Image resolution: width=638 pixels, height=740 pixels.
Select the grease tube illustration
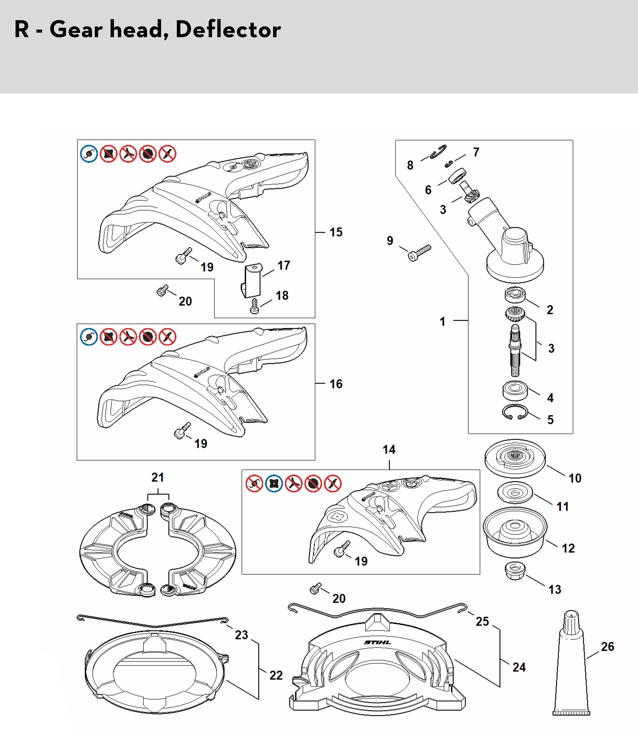pyautogui.click(x=571, y=668)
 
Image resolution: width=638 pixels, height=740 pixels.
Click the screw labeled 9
pyautogui.click(x=420, y=253)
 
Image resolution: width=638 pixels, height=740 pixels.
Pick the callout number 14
pyautogui.click(x=389, y=449)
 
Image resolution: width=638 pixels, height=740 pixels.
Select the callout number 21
pyautogui.click(x=158, y=478)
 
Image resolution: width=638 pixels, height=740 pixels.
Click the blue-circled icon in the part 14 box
pyautogui.click(x=274, y=484)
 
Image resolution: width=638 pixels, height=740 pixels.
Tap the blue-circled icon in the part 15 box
pyautogui.click(x=89, y=154)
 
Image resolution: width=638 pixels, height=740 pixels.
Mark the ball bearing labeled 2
pyautogui.click(x=515, y=295)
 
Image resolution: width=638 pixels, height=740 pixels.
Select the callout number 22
pyautogui.click(x=276, y=675)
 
